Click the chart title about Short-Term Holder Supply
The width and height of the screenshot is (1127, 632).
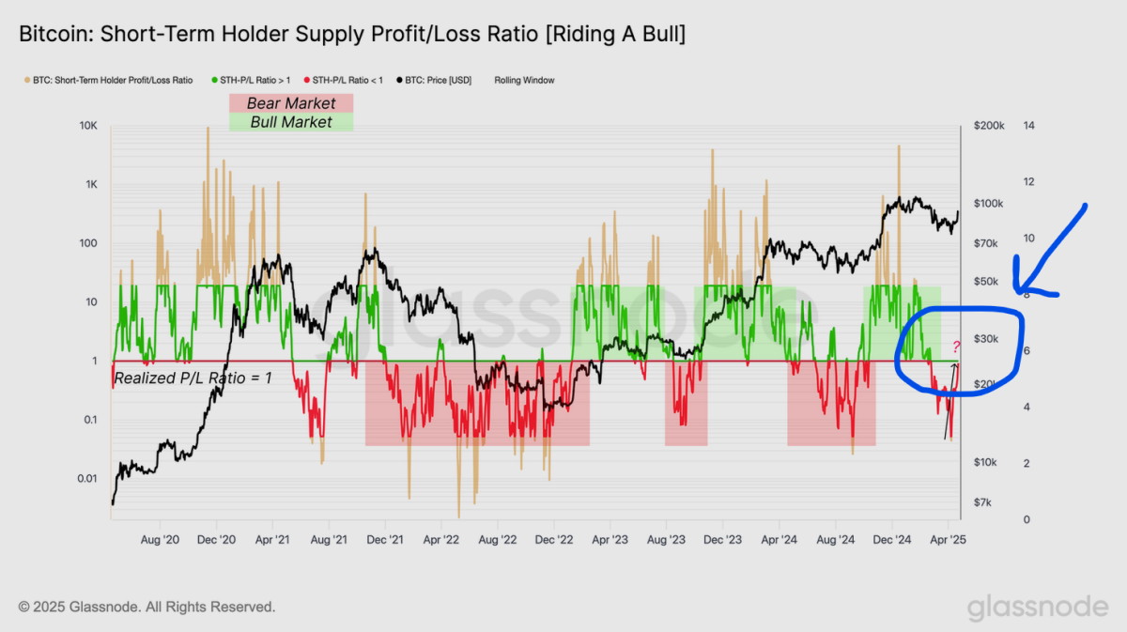click(352, 35)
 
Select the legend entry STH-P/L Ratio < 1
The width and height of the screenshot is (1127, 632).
click(347, 81)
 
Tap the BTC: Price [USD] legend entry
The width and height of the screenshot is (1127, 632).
click(438, 81)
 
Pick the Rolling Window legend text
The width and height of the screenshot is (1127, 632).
click(524, 81)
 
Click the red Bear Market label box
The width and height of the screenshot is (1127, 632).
click(291, 103)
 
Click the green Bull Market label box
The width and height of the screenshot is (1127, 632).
click(291, 122)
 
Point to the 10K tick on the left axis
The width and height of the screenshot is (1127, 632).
click(88, 126)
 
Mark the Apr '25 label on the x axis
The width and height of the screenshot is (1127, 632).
click(949, 540)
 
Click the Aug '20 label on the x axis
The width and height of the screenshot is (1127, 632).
click(160, 540)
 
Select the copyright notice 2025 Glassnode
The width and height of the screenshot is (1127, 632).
click(147, 608)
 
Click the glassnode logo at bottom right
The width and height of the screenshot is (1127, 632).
click(1038, 608)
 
